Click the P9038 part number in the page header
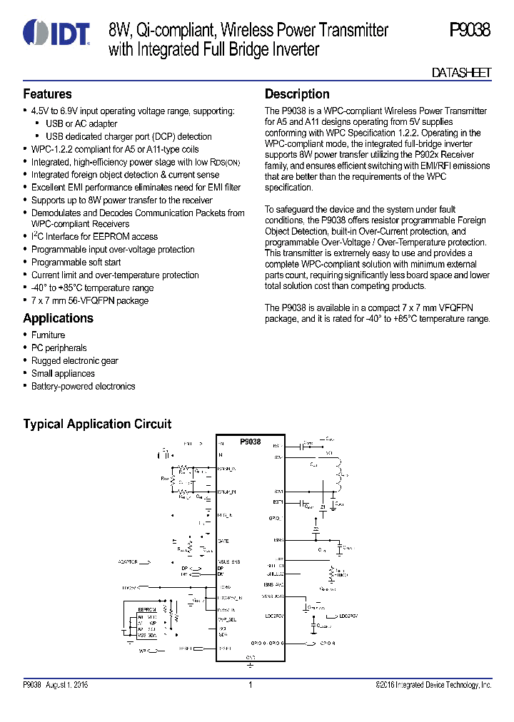coord(470,31)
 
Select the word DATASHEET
coord(462,73)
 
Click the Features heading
coord(47,94)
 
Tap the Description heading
coord(297,94)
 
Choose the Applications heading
coord(58,318)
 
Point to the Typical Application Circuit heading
coord(97,424)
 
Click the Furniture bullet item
coord(48,335)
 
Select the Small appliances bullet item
coord(63,374)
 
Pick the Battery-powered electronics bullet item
coord(83,387)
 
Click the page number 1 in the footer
coord(251,686)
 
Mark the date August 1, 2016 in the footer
coord(67,686)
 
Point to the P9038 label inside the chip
coord(250,442)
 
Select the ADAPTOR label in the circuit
coord(128,562)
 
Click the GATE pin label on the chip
coord(223,541)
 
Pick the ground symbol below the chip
coord(250,665)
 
